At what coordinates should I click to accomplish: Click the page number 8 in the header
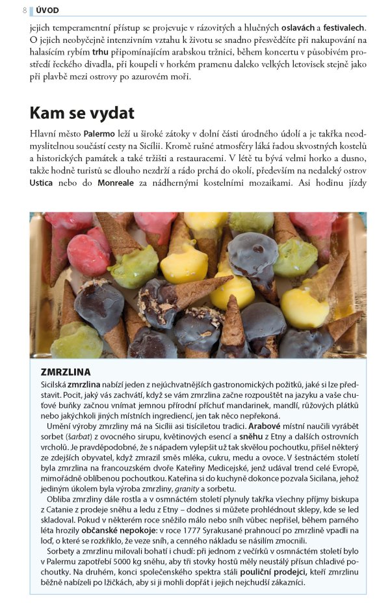pos(25,10)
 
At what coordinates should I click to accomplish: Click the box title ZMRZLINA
pos(65,372)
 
